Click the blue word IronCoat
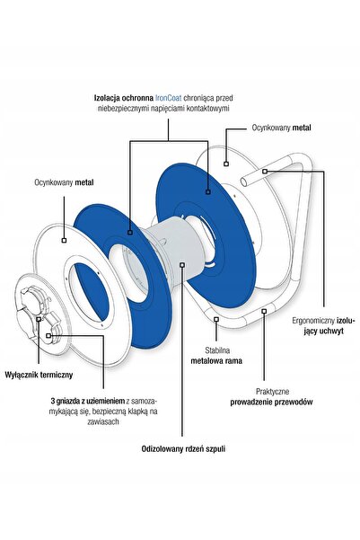[169, 98]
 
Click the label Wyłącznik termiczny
[39, 375]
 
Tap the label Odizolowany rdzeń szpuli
[183, 449]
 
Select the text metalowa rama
[216, 361]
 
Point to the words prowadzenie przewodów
[271, 402]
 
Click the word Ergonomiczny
[313, 321]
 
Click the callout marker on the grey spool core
[182, 264]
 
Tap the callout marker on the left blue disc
[130, 233]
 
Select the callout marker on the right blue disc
[208, 191]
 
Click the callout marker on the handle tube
[264, 171]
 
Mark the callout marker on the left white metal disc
[64, 240]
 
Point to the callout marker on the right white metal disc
[226, 164]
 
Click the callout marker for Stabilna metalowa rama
[216, 319]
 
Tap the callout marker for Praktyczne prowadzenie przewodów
[264, 311]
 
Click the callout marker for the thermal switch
[39, 319]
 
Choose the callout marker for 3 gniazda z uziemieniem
[48, 335]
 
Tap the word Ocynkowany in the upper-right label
[271, 128]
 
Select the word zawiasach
[103, 421]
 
